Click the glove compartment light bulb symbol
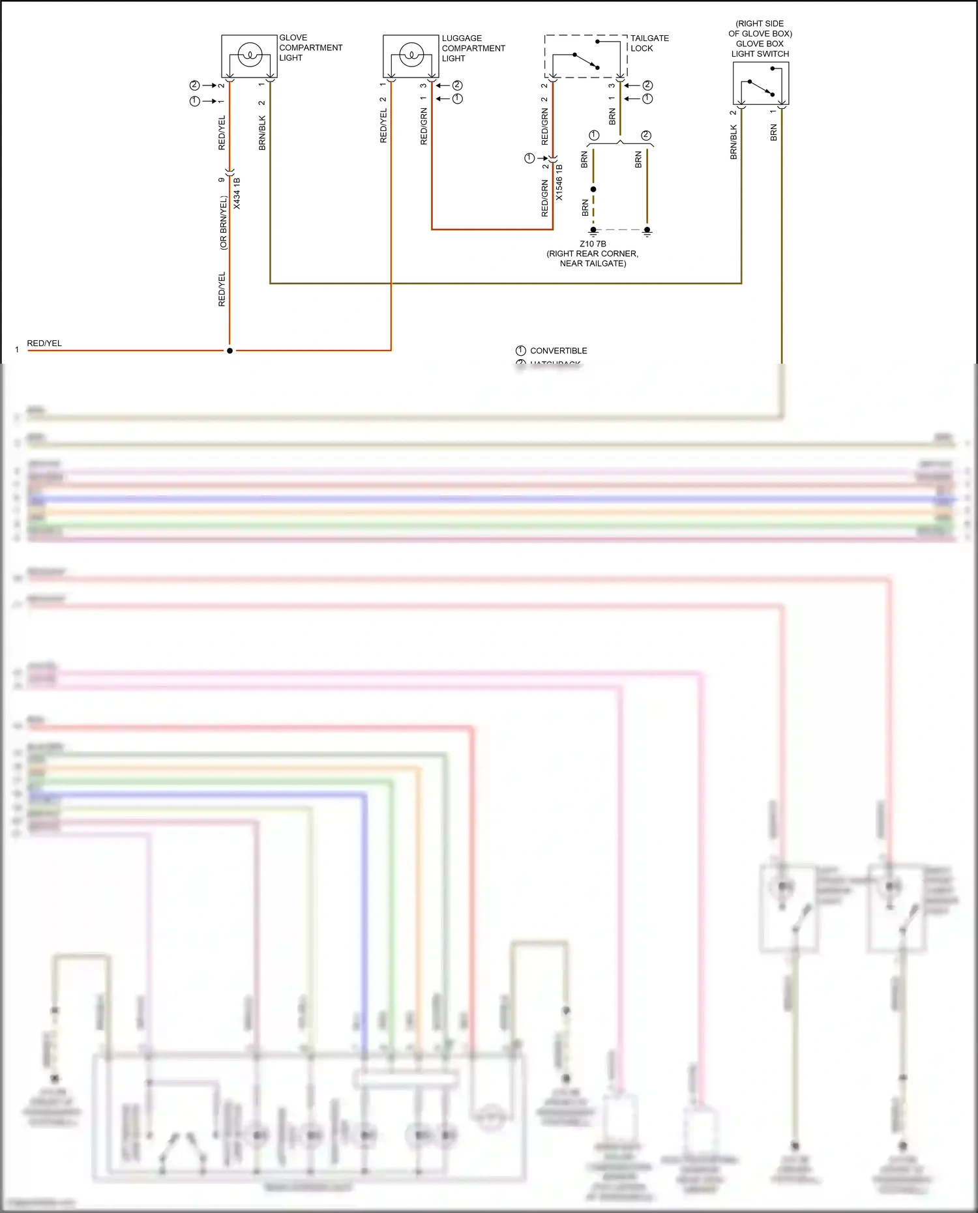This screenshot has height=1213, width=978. (249, 55)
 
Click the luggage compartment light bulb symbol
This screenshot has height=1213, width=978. (411, 55)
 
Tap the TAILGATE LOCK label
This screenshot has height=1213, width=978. (649, 43)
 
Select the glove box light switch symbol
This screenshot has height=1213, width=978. (760, 85)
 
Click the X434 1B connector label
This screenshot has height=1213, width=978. (237, 193)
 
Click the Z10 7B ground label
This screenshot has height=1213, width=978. (593, 244)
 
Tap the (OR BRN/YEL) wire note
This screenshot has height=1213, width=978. (223, 223)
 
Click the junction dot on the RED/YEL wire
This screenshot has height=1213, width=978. (230, 351)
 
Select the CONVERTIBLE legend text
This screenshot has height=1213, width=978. (558, 351)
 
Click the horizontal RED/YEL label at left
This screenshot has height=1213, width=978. (44, 343)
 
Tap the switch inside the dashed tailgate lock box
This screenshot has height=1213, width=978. (585, 60)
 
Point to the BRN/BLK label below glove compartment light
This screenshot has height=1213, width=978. (262, 133)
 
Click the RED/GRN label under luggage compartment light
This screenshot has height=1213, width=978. (424, 126)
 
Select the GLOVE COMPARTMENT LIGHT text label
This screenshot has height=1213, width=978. (310, 48)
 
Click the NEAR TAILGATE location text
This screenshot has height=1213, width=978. (593, 263)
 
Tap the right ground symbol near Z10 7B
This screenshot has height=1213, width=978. (647, 231)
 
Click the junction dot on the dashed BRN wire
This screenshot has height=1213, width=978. (593, 189)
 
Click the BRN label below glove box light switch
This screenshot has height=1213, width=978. (774, 133)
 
